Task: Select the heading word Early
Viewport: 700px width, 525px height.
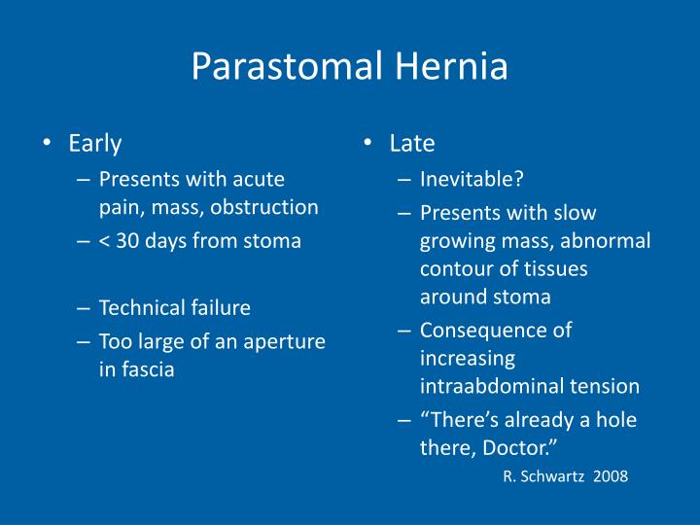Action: (95, 144)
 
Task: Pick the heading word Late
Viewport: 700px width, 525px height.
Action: (412, 144)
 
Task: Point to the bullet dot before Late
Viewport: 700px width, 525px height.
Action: (367, 145)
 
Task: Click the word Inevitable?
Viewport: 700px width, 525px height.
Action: (472, 179)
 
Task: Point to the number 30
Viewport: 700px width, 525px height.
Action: (126, 241)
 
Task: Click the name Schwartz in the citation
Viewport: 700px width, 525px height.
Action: (554, 476)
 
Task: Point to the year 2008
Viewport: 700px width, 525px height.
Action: (610, 476)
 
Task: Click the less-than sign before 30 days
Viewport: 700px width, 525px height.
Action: (104, 241)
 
